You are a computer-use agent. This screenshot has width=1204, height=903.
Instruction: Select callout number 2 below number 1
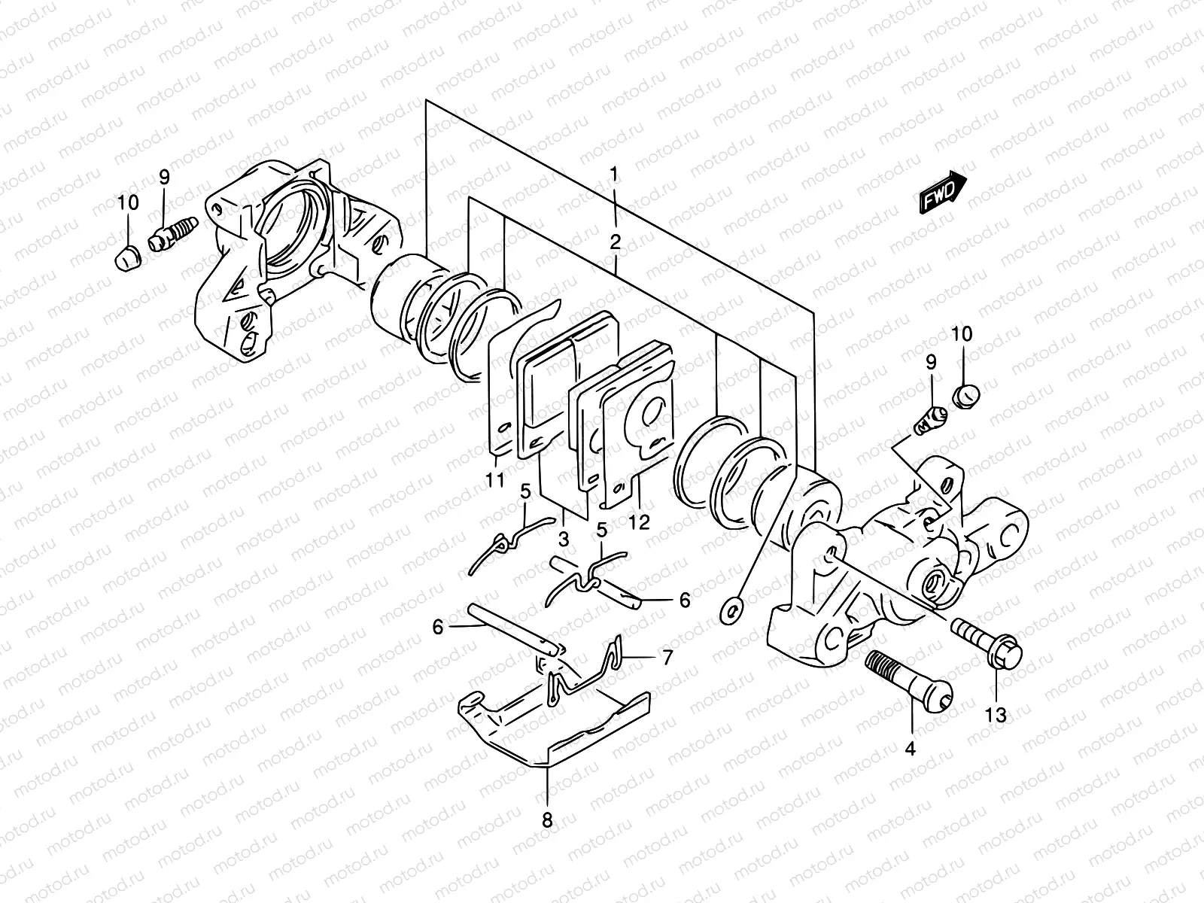point(616,242)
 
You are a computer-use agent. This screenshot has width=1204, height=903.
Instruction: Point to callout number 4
point(910,749)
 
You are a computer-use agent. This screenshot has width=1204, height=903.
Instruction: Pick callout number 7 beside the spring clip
point(667,657)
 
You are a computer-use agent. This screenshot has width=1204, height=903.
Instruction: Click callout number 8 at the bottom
point(547,820)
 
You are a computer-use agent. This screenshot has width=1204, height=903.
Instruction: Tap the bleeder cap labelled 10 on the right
point(966,395)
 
